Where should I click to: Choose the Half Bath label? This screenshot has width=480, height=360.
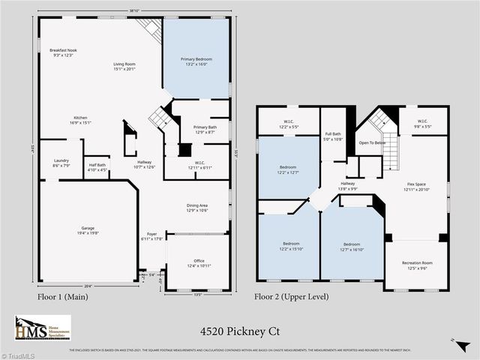tap(97, 167)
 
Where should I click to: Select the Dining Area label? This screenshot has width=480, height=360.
tap(196, 208)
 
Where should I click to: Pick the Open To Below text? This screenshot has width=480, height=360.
tap(373, 142)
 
